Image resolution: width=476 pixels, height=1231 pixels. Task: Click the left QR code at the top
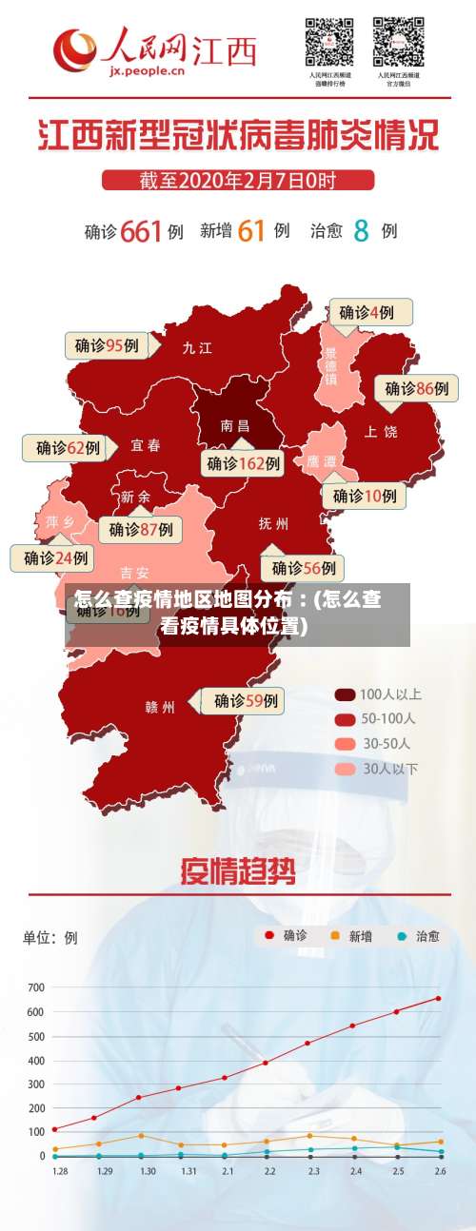point(328,42)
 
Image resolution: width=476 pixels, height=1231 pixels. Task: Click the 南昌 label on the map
point(234,426)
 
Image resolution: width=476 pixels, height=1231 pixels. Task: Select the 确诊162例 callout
point(244,463)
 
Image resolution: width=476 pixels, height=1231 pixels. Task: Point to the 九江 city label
point(197,348)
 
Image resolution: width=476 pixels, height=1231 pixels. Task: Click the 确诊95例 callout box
point(108,345)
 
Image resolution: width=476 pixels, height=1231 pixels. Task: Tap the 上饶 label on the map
point(381,432)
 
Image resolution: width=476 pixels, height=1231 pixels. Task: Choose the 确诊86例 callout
point(416,388)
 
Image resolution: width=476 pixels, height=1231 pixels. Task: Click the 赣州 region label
point(160,707)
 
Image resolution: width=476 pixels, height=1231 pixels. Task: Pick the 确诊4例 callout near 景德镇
point(371,312)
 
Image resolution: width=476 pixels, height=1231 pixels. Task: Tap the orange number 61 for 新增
point(250,230)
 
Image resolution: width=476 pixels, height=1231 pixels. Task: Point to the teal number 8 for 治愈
point(362,230)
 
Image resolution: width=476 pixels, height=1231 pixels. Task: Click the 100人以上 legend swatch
point(345,694)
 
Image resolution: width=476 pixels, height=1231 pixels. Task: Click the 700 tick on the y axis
point(35,987)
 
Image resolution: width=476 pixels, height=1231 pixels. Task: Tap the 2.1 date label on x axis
point(226,1171)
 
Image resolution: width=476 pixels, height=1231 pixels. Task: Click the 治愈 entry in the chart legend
point(418,936)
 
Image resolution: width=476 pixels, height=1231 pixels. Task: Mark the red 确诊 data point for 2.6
point(439,998)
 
